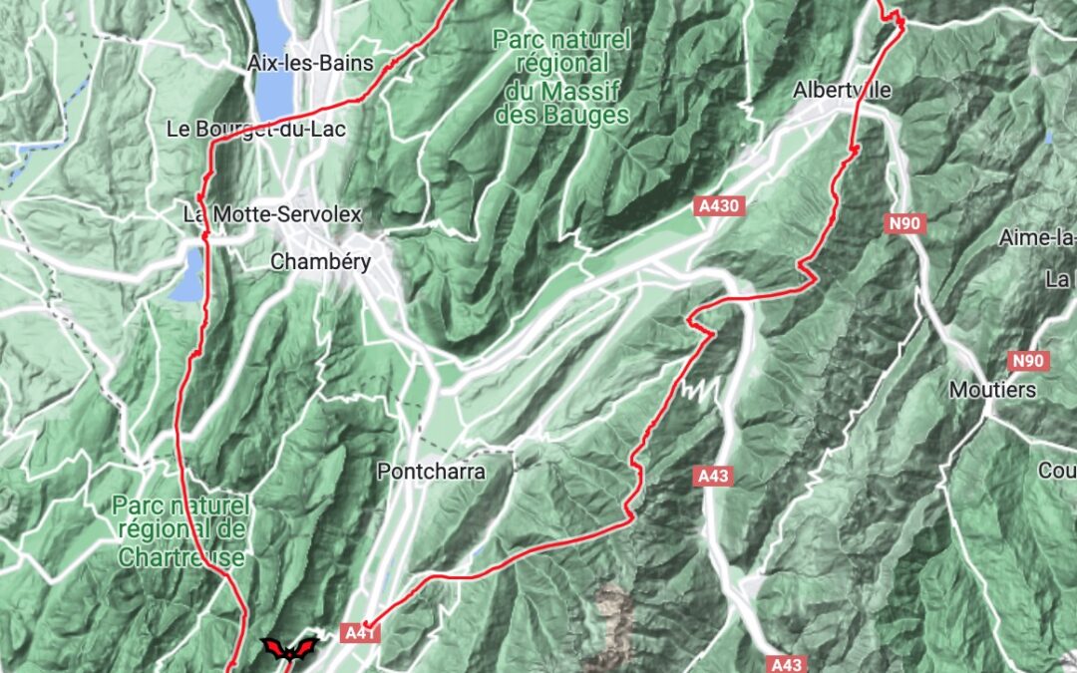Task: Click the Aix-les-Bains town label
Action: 310,64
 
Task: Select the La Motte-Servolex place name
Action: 271,214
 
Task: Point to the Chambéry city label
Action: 321,263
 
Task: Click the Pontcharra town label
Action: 431,472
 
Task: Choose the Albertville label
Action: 841,90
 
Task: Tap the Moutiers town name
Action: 992,389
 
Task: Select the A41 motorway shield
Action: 359,632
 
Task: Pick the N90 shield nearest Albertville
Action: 904,224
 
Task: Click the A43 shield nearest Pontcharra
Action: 713,477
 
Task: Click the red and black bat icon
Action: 288,649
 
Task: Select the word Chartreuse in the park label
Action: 180,557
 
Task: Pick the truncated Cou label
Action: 1056,470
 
